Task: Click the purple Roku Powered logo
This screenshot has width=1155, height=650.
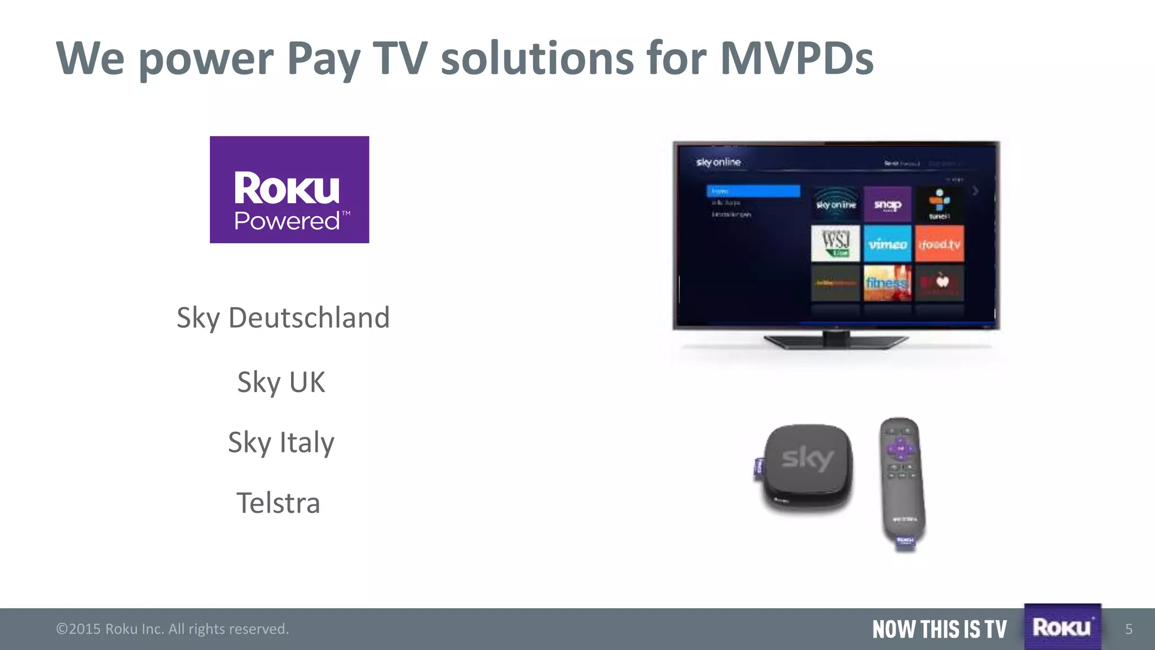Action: tap(289, 190)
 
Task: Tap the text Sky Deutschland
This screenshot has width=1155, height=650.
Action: tap(283, 318)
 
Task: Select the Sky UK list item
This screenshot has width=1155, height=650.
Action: tap(281, 382)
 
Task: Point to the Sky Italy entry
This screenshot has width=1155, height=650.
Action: tap(281, 442)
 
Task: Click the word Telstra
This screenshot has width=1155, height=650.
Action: tap(278, 503)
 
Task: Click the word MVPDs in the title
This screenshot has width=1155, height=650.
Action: tap(796, 58)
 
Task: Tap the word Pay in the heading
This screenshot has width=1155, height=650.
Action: tap(323, 59)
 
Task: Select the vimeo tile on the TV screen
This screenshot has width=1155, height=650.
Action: tap(887, 244)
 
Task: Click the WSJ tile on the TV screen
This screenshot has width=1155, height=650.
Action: tap(835, 244)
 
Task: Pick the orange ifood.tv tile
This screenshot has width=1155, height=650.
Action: tap(939, 244)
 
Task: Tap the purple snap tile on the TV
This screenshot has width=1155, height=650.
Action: tap(887, 204)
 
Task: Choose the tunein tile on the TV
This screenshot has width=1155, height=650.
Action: tap(939, 204)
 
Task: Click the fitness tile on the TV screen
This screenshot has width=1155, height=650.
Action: tap(887, 283)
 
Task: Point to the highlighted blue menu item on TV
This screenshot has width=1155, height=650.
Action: tap(753, 191)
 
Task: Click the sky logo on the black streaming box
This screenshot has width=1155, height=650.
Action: tap(808, 459)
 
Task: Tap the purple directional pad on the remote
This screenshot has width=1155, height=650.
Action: tap(900, 449)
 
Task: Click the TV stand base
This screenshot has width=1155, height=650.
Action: tap(836, 341)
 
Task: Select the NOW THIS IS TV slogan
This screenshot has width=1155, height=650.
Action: tap(939, 629)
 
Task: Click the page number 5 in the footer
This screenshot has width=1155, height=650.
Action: tap(1128, 629)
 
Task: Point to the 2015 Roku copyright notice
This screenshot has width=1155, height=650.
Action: tap(173, 629)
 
